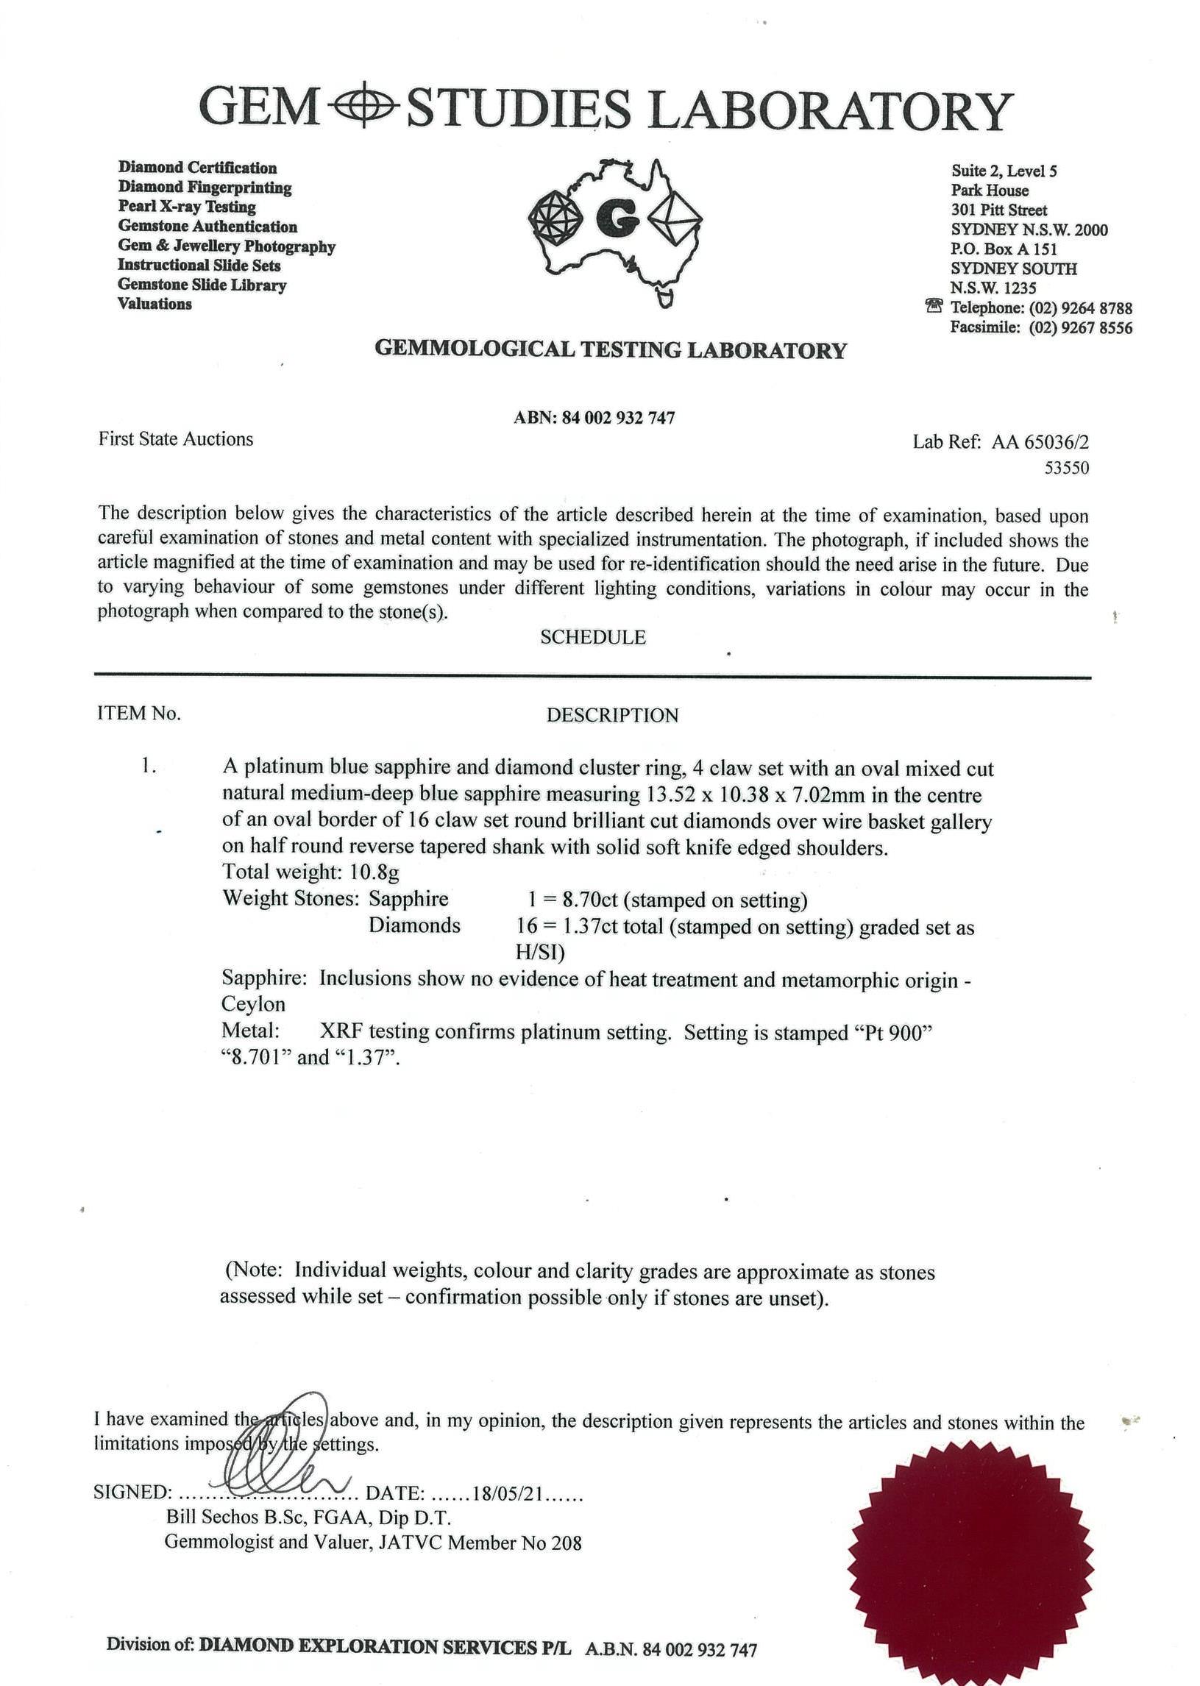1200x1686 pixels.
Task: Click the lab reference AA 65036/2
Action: pos(1040,442)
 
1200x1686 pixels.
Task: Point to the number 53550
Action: pos(1066,468)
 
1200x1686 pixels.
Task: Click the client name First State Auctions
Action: pos(176,439)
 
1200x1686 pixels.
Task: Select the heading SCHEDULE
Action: pos(592,638)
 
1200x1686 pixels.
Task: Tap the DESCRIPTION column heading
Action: pos(612,715)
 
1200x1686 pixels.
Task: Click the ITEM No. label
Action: pos(139,714)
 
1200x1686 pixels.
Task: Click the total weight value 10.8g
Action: pos(374,872)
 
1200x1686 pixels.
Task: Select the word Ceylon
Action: pos(253,1004)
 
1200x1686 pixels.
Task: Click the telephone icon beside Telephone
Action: pos(934,306)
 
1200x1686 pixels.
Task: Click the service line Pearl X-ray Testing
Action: pos(187,207)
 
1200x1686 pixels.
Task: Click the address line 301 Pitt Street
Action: pos(998,210)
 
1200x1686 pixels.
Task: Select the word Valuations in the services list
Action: pos(155,304)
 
